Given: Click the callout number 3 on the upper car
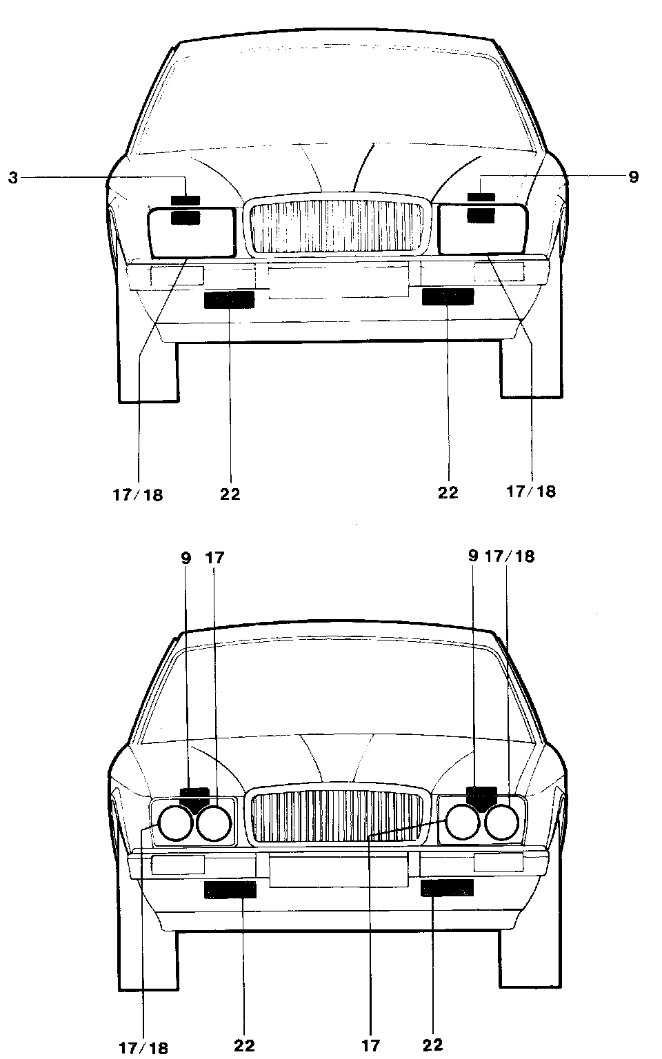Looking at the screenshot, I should pyautogui.click(x=13, y=178).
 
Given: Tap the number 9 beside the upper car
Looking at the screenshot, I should pyautogui.click(x=633, y=177).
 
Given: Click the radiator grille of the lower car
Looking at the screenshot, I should pyautogui.click(x=337, y=817).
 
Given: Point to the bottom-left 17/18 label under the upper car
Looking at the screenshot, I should pyautogui.click(x=138, y=494).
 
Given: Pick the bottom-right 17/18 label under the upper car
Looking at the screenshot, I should pyautogui.click(x=531, y=492).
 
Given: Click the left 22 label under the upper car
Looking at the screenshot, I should pyautogui.click(x=230, y=494).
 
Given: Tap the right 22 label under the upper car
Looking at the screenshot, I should pyautogui.click(x=448, y=493).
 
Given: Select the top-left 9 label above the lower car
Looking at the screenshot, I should pyautogui.click(x=185, y=557).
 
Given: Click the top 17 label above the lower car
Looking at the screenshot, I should pyautogui.click(x=215, y=557).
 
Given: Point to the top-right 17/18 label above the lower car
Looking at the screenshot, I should pyautogui.click(x=510, y=556).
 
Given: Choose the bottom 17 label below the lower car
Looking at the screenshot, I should pyautogui.click(x=370, y=1046).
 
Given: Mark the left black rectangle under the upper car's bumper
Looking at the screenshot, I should pyautogui.click(x=230, y=299).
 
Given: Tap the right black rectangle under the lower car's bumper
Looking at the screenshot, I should pyautogui.click(x=448, y=888).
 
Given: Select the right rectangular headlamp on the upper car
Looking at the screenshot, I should pyautogui.click(x=483, y=229).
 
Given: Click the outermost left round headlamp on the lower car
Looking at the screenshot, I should pyautogui.click(x=175, y=823).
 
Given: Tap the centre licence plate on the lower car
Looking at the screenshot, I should pyautogui.click(x=337, y=870).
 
